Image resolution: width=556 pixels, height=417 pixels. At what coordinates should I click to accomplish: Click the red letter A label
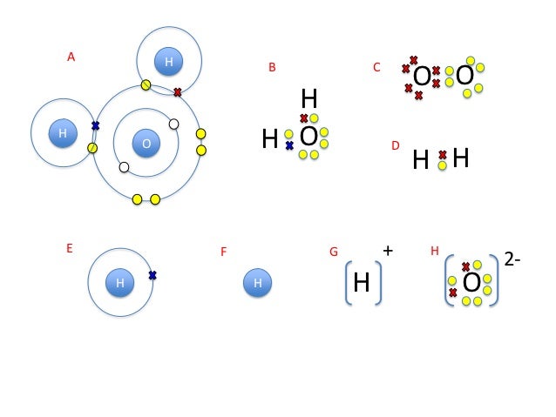click(x=71, y=57)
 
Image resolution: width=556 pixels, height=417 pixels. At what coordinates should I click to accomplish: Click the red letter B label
click(x=272, y=67)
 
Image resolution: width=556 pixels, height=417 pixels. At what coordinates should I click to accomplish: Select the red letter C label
click(x=376, y=67)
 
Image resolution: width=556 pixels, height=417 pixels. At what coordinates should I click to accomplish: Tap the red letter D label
click(x=395, y=145)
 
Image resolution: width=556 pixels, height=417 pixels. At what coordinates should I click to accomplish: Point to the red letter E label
click(x=70, y=248)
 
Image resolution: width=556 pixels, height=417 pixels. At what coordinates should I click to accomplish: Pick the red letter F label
click(x=224, y=252)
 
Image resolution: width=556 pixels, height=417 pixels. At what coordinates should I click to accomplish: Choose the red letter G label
click(x=333, y=252)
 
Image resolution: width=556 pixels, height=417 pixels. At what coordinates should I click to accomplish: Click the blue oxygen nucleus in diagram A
click(x=146, y=143)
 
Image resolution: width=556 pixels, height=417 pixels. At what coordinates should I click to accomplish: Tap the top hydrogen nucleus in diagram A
click(x=168, y=61)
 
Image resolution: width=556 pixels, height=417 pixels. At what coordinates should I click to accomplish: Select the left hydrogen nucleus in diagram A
click(x=63, y=134)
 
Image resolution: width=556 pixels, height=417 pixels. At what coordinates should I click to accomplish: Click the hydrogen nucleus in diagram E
click(x=120, y=283)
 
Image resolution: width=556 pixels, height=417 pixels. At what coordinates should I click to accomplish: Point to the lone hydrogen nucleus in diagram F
click(x=257, y=283)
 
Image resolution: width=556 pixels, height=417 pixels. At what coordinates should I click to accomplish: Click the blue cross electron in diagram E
click(x=153, y=275)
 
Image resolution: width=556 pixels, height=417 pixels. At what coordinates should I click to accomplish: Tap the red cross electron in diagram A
click(x=178, y=91)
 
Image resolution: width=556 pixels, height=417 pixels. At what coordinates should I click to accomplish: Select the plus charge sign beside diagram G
click(x=388, y=251)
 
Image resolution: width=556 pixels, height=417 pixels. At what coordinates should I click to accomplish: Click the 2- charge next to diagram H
click(x=512, y=259)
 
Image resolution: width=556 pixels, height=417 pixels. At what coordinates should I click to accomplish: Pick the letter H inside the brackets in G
click(x=362, y=283)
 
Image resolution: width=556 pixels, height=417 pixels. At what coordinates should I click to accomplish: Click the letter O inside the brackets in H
click(x=471, y=283)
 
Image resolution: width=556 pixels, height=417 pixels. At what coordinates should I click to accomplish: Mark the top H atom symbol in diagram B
click(x=309, y=99)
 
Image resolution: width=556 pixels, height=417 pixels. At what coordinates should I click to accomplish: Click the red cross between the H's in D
click(x=443, y=154)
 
